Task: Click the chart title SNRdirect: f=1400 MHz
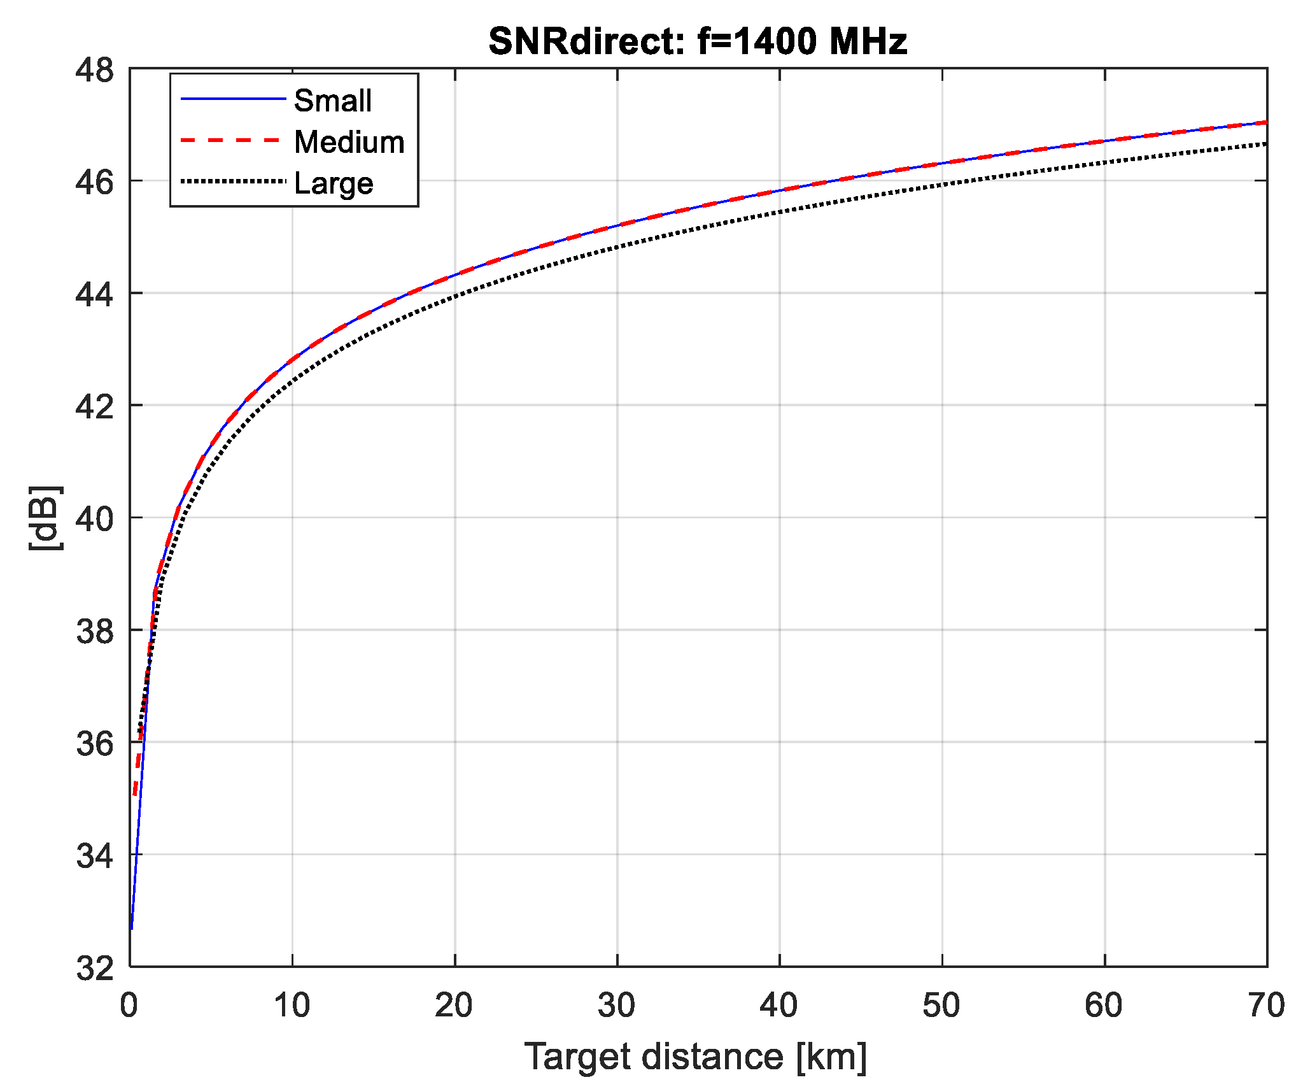click(697, 41)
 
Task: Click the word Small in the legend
click(332, 101)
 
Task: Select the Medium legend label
click(349, 142)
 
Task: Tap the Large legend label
click(333, 183)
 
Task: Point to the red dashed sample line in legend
click(232, 140)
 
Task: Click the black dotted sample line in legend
click(232, 181)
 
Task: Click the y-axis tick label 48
click(94, 70)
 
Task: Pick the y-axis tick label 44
click(94, 294)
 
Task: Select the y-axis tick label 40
click(94, 519)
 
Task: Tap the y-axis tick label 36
click(94, 743)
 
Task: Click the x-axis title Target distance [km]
click(696, 1057)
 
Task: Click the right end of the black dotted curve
click(1265, 144)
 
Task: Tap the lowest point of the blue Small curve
click(132, 928)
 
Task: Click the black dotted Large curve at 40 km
click(780, 212)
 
